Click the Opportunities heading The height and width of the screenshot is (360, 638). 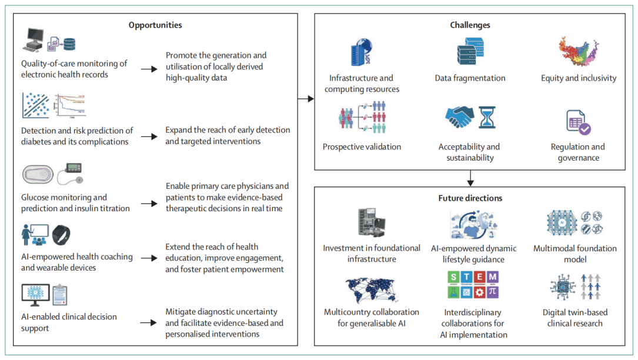pyautogui.click(x=155, y=25)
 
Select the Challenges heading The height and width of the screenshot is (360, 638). pyautogui.click(x=470, y=25)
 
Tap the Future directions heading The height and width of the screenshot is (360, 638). pyautogui.click(x=470, y=198)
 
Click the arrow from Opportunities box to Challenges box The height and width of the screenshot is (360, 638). pyautogui.click(x=306, y=99)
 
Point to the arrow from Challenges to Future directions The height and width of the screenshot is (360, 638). pyautogui.click(x=470, y=178)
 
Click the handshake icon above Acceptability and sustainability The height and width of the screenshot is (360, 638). pyautogui.click(x=459, y=117)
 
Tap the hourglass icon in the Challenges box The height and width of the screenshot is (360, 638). pyautogui.click(x=486, y=118)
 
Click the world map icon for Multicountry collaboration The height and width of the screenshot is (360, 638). pyautogui.click(x=371, y=290)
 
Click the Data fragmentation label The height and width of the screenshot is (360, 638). pyautogui.click(x=470, y=78)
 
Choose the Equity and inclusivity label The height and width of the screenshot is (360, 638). pyautogui.click(x=579, y=78)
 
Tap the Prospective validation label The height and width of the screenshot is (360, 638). pyautogui.click(x=362, y=146)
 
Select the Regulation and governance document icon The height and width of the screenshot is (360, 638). pyautogui.click(x=578, y=122)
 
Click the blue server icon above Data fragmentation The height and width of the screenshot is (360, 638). pyautogui.click(x=470, y=51)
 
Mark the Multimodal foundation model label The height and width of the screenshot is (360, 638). pyautogui.click(x=574, y=254)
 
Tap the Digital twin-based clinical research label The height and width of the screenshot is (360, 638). pyautogui.click(x=574, y=318)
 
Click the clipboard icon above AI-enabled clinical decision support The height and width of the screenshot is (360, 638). pyautogui.click(x=60, y=295)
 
